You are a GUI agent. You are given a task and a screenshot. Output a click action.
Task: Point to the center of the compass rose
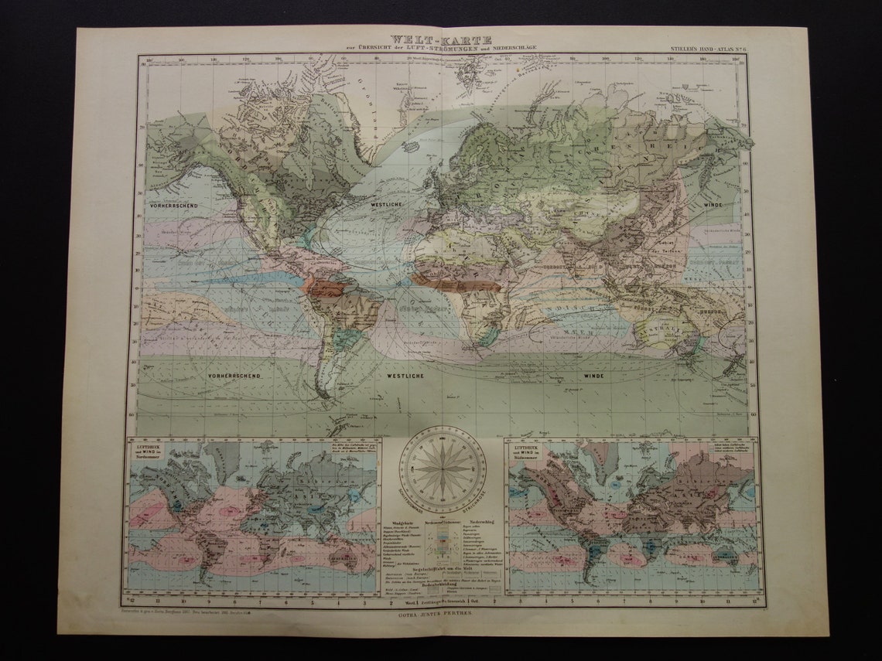coord(442,468)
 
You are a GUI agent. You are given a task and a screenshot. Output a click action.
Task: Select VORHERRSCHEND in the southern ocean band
coord(233,376)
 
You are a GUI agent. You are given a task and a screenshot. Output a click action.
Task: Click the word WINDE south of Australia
coord(593,376)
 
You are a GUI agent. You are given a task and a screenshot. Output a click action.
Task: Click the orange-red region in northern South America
coord(325,288)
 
